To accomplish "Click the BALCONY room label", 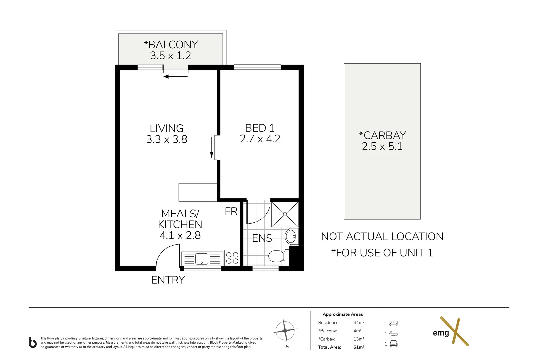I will pos(171,45).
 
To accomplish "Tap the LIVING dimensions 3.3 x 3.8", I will pos(167,139).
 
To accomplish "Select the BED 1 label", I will pos(260,128).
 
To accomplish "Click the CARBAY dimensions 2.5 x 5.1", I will pos(382,146).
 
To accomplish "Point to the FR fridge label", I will pos(231,211).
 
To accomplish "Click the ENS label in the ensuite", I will pos(262,238).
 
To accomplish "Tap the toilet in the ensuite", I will pos(276,256).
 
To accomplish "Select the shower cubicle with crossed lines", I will pos(285,214).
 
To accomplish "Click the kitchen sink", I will pos(202,259).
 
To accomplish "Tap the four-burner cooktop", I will pos(232,258).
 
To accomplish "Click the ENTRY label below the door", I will pos(168,280).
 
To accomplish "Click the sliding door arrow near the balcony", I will pos(176,77).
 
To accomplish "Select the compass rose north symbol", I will pos(285,331).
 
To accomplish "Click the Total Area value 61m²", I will pos(359,347).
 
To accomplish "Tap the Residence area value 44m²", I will pos(359,322).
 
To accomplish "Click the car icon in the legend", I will pos(393,344).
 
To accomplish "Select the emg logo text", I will pos(441,333).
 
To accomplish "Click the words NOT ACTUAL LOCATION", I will pos(382,237).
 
